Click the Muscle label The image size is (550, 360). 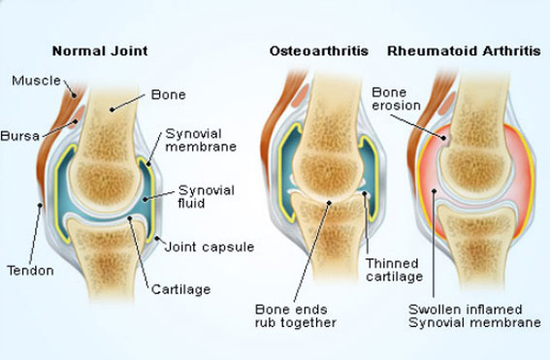point(35,80)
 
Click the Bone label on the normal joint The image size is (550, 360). point(168,94)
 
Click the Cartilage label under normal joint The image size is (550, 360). point(180,288)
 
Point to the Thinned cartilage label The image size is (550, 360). point(393,270)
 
